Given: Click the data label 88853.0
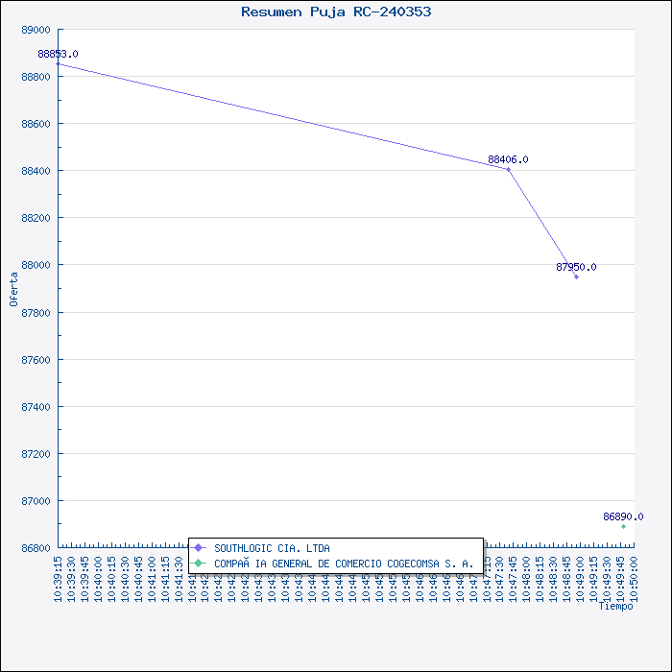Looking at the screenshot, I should (x=58, y=54).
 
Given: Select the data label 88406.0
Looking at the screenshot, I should (x=508, y=159).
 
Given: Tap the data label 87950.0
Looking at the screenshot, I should (x=576, y=267).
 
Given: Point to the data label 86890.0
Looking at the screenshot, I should (x=623, y=516).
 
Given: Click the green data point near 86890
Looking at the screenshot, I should (x=623, y=526).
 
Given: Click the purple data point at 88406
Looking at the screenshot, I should (x=508, y=169).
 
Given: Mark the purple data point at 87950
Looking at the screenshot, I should (x=576, y=276).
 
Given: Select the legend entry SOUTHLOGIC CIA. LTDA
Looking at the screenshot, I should (x=272, y=548).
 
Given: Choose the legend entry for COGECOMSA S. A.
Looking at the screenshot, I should (x=343, y=564).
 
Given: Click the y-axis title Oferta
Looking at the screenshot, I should (x=13, y=288).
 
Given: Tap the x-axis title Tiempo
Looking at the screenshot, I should (x=615, y=607).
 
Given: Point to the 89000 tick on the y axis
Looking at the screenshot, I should (x=36, y=30).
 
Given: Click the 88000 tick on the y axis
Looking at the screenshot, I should (x=36, y=265).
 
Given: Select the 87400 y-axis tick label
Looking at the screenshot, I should (x=36, y=407).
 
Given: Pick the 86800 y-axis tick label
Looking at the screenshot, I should (x=36, y=548).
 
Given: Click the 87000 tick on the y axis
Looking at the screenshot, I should (x=36, y=501).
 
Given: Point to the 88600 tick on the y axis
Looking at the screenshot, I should (x=36, y=124).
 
